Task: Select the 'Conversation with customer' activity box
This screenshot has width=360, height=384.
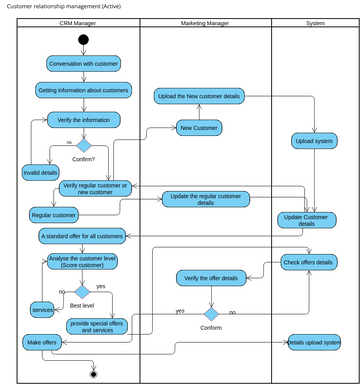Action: click(83, 64)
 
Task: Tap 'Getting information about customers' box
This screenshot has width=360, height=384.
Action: click(83, 91)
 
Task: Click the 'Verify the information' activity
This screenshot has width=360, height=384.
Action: click(83, 120)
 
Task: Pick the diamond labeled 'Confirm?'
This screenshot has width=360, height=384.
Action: click(83, 146)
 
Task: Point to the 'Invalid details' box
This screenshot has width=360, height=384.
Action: click(40, 173)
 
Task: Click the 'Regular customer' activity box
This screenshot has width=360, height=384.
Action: click(54, 214)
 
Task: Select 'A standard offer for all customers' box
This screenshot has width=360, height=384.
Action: click(82, 237)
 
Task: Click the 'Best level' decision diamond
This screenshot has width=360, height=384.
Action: click(82, 291)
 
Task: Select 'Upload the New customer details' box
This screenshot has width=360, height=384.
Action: click(199, 97)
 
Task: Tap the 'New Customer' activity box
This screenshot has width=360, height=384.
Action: click(199, 127)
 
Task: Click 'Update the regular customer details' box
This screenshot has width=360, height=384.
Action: click(206, 198)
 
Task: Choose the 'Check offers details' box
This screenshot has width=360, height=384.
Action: click(308, 263)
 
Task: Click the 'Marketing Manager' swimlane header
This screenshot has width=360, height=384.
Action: click(205, 22)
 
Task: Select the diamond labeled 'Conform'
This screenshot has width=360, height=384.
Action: click(211, 313)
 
